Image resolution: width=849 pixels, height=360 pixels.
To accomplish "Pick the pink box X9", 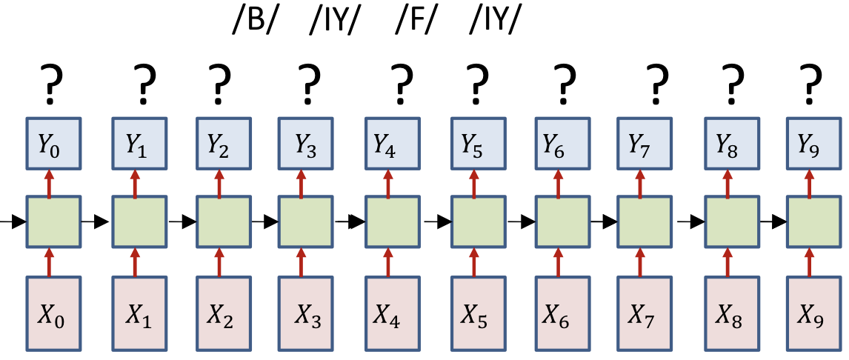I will [811, 313].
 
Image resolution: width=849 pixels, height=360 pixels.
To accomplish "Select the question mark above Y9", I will [812, 82].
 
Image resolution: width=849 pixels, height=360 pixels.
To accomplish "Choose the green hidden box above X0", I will [50, 221].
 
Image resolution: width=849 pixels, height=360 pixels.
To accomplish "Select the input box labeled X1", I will [135, 313].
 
